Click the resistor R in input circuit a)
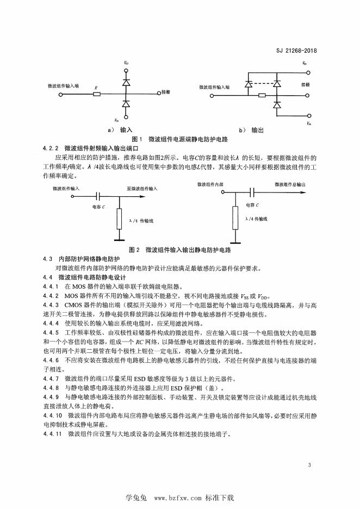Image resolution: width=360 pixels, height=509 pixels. click(97, 94)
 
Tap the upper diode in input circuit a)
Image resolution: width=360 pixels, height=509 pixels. click(126, 82)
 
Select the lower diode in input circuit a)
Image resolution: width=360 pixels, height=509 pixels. click(126, 103)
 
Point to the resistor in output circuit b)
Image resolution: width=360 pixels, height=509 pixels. click(263, 95)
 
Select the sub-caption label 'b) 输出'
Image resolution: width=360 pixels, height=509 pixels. click(251, 131)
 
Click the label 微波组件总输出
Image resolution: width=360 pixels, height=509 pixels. click(294, 185)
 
